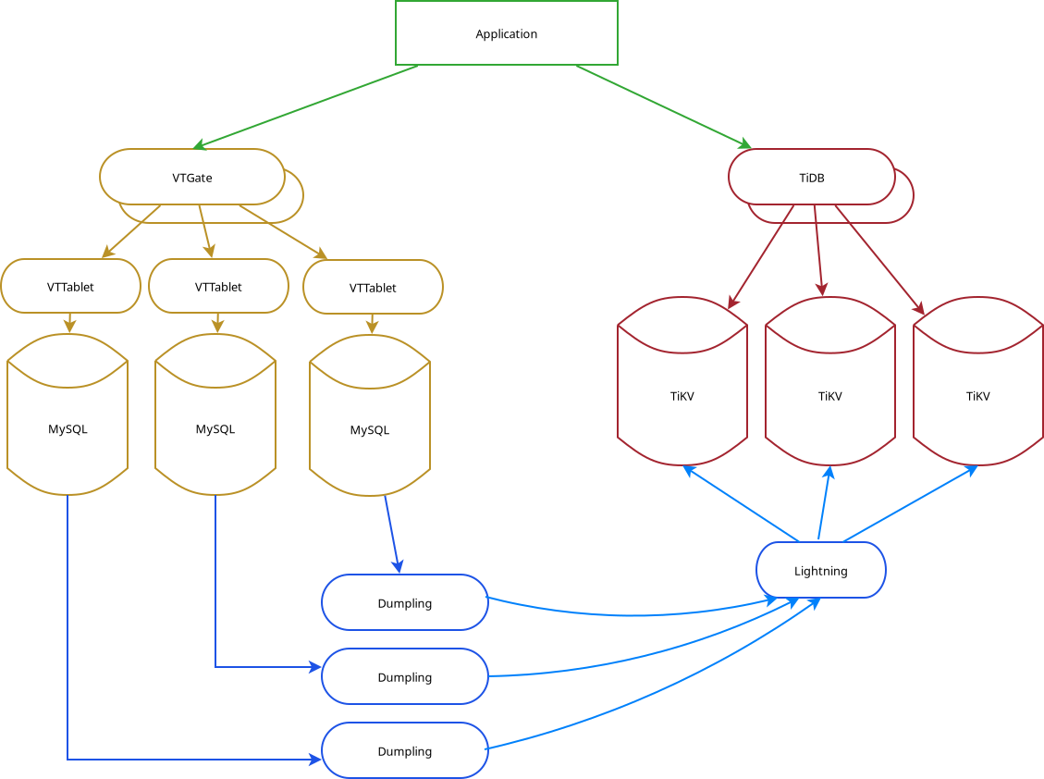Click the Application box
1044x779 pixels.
[x=506, y=33]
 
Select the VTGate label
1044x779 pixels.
[x=191, y=178]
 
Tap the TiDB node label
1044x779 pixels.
[x=811, y=178]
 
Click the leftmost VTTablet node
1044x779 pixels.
[x=70, y=286]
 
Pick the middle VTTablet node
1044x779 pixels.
[x=218, y=287]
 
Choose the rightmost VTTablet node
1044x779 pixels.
[x=373, y=288]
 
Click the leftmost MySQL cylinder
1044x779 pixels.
[x=68, y=429]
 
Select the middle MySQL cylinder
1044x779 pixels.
[x=215, y=429]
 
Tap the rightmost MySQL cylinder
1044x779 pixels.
[x=370, y=430]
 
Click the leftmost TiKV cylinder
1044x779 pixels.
[x=682, y=396]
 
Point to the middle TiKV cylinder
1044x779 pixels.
[x=829, y=396]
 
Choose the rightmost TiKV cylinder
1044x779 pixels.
[x=977, y=396]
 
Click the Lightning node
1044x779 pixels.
[x=820, y=571]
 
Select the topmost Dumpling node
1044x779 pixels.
[x=404, y=603]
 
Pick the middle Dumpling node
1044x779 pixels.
[x=404, y=677]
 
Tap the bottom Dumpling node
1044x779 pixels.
[x=404, y=751]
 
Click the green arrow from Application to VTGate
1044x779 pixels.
[x=305, y=106]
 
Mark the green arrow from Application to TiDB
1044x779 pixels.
[x=661, y=105]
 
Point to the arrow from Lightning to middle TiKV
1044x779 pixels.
[x=824, y=504]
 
